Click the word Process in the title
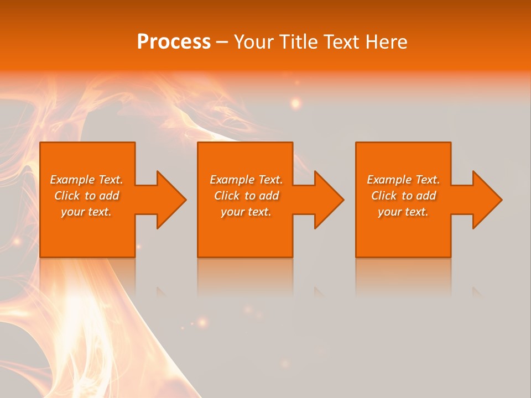tap(174, 42)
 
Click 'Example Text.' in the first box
tap(86, 180)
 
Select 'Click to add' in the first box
tap(86, 196)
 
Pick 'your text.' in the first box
tap(86, 212)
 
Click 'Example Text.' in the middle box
tap(246, 180)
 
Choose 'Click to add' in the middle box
tap(246, 196)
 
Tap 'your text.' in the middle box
tap(246, 212)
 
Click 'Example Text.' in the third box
tap(403, 180)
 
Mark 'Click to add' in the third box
tap(403, 196)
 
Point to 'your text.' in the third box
tap(403, 212)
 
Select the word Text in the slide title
tap(338, 42)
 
